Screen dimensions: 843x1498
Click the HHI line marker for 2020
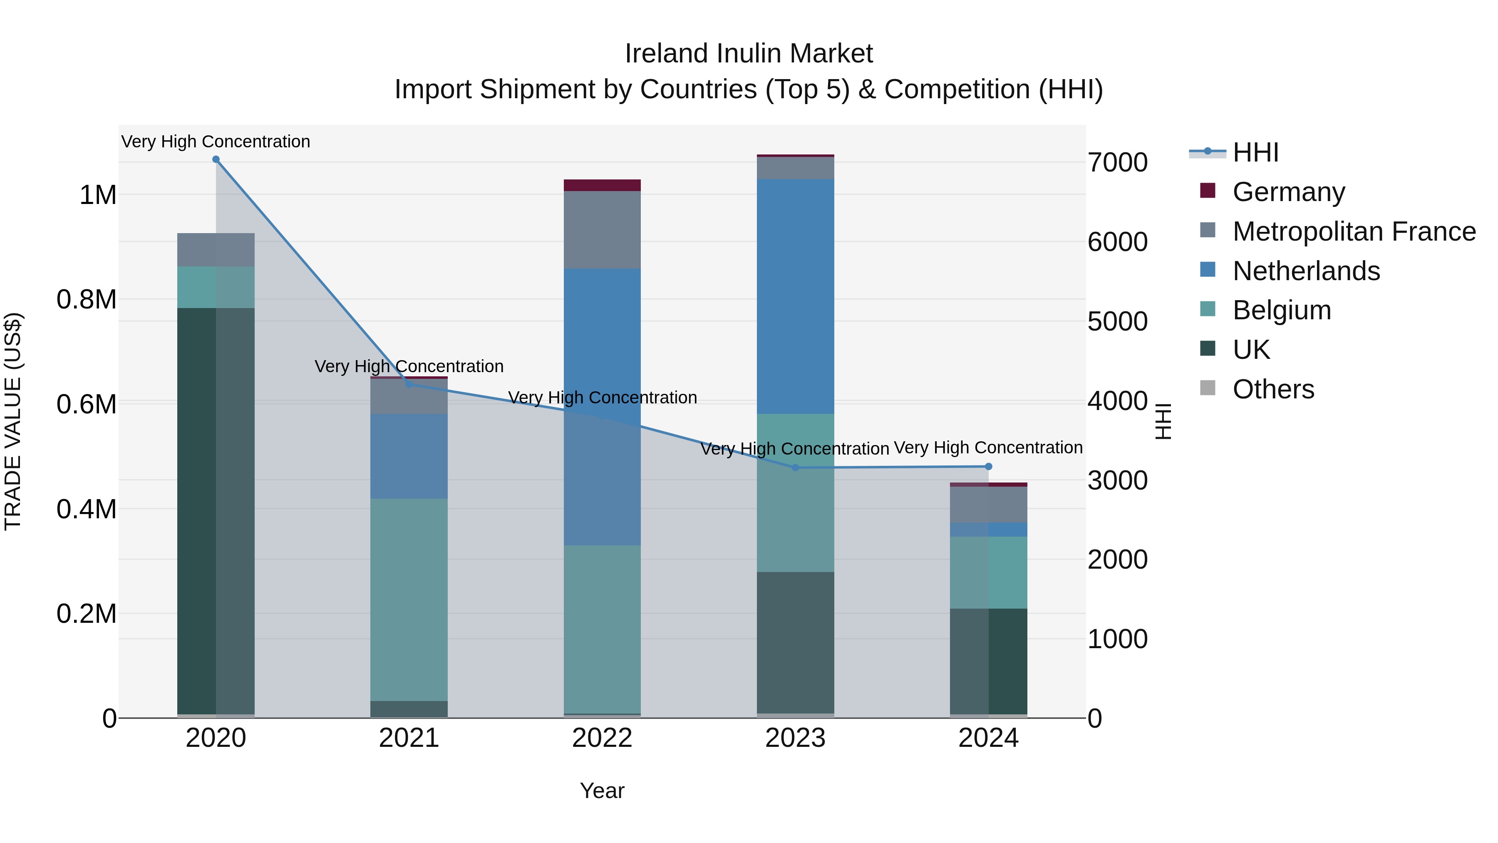point(216,159)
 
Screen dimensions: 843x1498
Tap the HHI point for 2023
point(796,468)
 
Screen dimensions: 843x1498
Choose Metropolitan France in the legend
point(1354,231)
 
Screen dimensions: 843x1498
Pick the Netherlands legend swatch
point(1208,270)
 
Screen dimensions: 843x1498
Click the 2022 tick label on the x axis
point(602,738)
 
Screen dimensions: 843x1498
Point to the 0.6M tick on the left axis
point(87,404)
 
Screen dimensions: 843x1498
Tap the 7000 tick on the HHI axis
point(1118,162)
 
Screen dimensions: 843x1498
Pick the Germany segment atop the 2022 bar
point(602,185)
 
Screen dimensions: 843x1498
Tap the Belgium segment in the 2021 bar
point(409,599)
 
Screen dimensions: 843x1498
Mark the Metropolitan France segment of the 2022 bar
point(602,230)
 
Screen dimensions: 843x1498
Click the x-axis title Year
point(602,791)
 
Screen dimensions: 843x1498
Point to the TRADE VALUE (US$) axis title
point(13,421)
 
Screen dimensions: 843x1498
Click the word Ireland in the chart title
point(665,54)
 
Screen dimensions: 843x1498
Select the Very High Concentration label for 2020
point(216,142)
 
